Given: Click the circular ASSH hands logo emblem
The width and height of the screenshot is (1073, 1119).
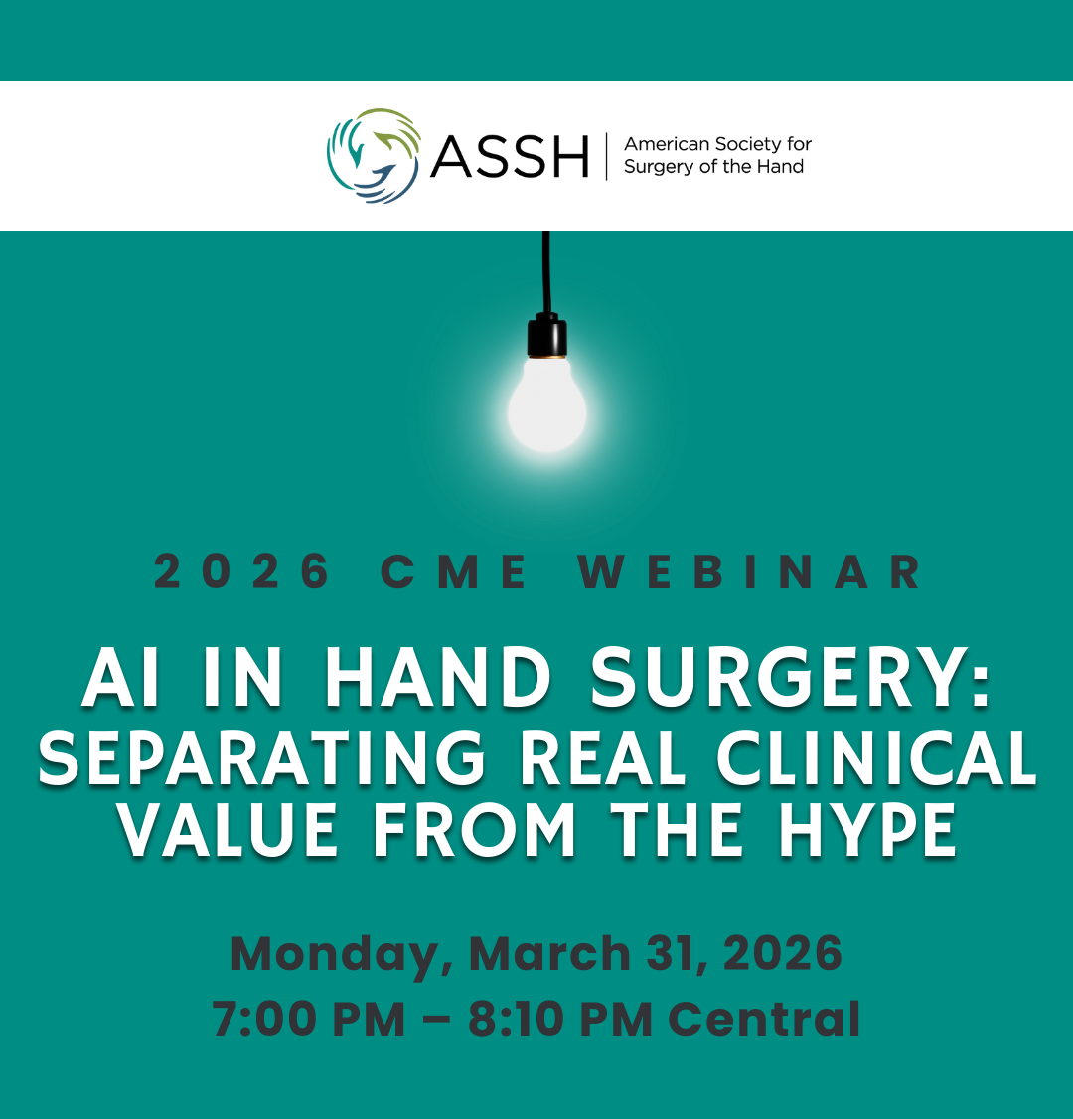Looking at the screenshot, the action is [x=374, y=156].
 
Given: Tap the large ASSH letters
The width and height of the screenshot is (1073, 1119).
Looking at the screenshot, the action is [x=510, y=156].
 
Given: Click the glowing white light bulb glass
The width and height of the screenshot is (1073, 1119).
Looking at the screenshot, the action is [x=547, y=404].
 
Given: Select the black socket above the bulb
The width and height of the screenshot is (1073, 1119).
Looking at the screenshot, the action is [x=547, y=335].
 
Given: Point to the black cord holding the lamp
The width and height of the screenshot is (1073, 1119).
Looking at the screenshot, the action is [x=546, y=271].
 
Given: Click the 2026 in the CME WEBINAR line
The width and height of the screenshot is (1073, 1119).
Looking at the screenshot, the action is [x=242, y=571].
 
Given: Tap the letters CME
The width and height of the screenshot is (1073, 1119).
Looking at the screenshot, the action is [x=454, y=571].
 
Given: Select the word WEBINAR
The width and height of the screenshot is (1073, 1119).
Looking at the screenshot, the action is [x=749, y=571].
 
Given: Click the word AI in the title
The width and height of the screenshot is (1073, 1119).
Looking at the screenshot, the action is [x=120, y=677].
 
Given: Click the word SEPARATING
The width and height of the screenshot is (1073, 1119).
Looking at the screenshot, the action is [x=262, y=758].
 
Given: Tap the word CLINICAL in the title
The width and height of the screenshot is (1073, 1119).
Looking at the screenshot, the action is [x=876, y=757].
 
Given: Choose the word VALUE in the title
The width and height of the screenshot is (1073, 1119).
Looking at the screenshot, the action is [x=229, y=829].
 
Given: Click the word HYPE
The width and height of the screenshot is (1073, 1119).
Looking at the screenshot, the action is [x=866, y=829].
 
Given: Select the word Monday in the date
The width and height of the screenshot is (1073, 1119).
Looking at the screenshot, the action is [x=341, y=955].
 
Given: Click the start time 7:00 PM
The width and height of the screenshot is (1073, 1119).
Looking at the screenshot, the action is [x=308, y=1018].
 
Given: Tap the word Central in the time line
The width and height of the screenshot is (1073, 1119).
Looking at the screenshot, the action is [x=764, y=1018].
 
